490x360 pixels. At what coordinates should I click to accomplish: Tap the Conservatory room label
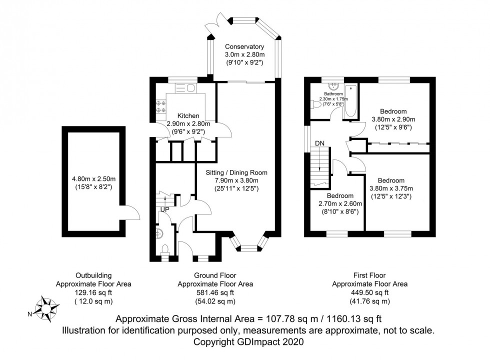pos(244,46)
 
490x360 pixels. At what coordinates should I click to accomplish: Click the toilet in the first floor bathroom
pos(314,104)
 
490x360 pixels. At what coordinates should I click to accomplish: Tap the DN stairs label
pos(320,143)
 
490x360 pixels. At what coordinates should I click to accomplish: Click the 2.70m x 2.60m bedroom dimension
pos(340,203)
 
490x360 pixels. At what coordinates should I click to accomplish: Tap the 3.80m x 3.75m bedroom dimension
pos(398,188)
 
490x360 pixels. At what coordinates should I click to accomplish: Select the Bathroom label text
pos(332,93)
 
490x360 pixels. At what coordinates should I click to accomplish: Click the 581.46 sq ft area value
pos(215,292)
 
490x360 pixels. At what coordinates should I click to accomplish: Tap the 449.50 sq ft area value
pos(370,292)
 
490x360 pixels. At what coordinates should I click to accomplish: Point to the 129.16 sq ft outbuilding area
pos(93,292)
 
